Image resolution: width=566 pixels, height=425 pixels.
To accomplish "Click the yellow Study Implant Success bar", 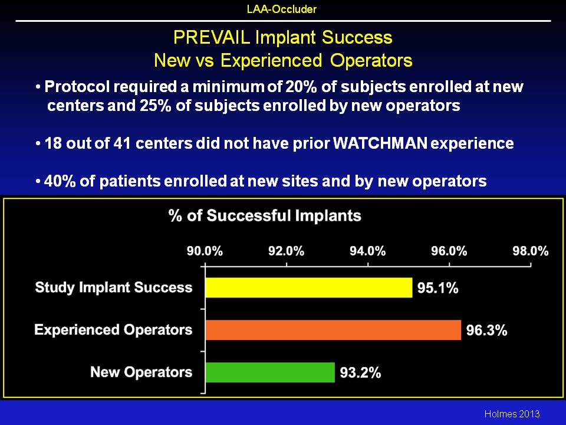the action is [308, 287].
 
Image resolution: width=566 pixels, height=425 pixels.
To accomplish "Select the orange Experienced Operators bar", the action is [333, 330].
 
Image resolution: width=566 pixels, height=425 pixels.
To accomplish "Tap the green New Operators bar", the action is [270, 372].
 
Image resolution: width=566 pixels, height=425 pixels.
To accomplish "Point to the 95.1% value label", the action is [438, 288].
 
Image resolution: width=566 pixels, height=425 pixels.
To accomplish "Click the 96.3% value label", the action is [486, 331].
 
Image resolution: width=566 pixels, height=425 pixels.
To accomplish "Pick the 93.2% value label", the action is [360, 372].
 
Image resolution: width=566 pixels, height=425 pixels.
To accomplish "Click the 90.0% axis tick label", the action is [205, 251].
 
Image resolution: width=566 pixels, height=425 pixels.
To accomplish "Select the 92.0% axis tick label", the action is [287, 251].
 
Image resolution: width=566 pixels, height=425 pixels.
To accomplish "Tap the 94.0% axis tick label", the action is [367, 251].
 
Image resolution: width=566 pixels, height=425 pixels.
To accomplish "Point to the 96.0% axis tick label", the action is [449, 251].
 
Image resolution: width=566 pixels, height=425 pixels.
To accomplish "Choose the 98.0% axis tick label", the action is [531, 251].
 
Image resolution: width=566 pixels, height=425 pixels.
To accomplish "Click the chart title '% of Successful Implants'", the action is [265, 216].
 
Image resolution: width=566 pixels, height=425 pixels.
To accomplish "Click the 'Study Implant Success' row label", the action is [114, 287].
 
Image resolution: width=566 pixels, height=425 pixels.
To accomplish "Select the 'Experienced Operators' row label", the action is [113, 329].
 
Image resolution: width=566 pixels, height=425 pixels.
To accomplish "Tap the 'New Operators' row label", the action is [141, 372].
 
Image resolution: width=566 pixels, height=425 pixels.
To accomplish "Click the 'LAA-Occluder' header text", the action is [282, 9].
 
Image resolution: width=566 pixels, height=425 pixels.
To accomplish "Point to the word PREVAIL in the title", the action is [212, 37].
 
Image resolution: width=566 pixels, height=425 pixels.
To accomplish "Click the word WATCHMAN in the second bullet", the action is [380, 143].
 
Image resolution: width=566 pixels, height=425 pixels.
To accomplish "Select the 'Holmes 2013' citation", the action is [512, 414].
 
